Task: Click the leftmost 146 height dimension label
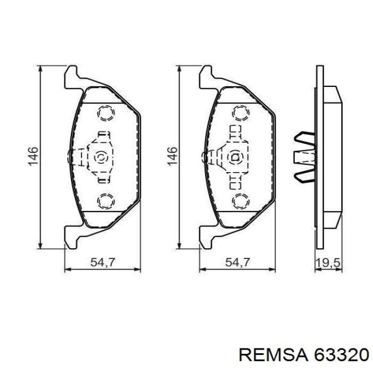[33, 157]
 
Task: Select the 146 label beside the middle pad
[172, 157]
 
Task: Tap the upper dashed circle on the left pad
[105, 113]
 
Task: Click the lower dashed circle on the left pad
[105, 200]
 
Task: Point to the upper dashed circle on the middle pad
[240, 113]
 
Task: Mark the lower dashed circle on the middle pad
[240, 200]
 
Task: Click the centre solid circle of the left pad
[100, 157]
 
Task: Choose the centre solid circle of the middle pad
[234, 157]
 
